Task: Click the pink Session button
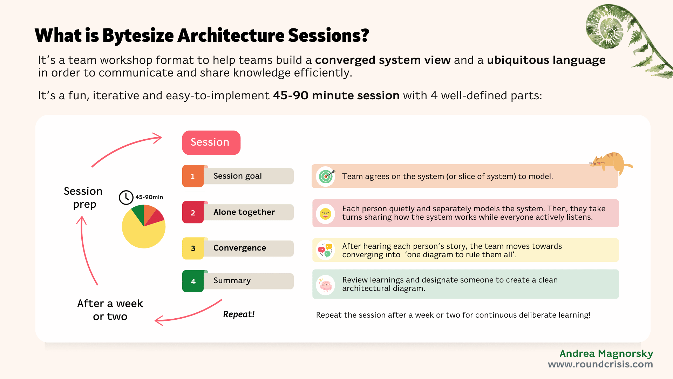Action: pos(211,142)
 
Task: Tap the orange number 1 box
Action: pos(193,176)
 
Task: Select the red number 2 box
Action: pos(193,213)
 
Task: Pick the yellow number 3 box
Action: pos(193,248)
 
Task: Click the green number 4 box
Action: pos(193,281)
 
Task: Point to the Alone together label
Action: pos(244,212)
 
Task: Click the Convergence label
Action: pos(240,248)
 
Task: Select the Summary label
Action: pos(232,281)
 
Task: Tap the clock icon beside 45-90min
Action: pos(126,198)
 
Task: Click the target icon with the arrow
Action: pos(326,176)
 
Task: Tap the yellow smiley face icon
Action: pos(326,213)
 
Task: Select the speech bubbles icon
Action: pos(325,250)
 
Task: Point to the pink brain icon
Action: pos(326,285)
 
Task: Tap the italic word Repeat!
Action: pos(239,314)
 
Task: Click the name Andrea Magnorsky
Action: pos(606,353)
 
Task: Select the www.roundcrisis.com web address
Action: pos(600,364)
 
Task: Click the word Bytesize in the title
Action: pos(138,36)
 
